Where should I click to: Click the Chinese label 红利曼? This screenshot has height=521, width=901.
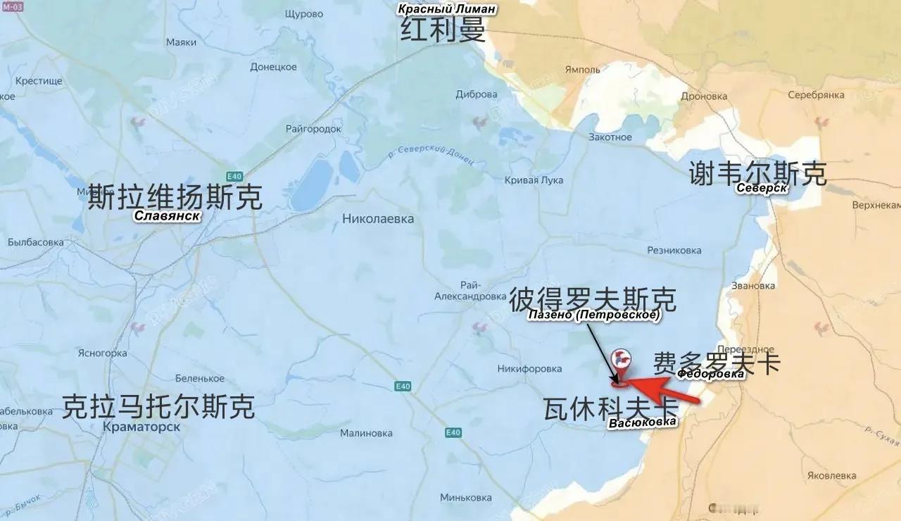pos(443,30)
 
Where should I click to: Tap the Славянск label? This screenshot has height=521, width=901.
pos(168,215)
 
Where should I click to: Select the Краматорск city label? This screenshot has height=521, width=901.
pos(141,427)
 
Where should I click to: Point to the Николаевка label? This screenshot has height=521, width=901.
pos(378,219)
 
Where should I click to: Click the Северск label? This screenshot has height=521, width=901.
pos(762,188)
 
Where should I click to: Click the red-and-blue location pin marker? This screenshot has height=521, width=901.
pos(621,360)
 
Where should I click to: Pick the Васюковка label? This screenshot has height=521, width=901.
pos(642,422)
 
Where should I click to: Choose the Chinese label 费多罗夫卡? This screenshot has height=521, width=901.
pos(717,363)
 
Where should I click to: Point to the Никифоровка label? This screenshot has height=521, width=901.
pos(529,368)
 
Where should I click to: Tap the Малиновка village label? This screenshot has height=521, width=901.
pos(366,433)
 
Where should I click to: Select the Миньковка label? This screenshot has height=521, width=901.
pos(465,498)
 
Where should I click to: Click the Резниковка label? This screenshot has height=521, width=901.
pos(674,250)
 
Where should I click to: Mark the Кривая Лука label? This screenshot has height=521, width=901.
pos(534,180)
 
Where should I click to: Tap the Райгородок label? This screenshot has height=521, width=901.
pos(313,129)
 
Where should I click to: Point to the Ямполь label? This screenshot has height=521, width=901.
pos(582,70)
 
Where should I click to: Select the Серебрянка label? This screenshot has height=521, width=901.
pos(816,94)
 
